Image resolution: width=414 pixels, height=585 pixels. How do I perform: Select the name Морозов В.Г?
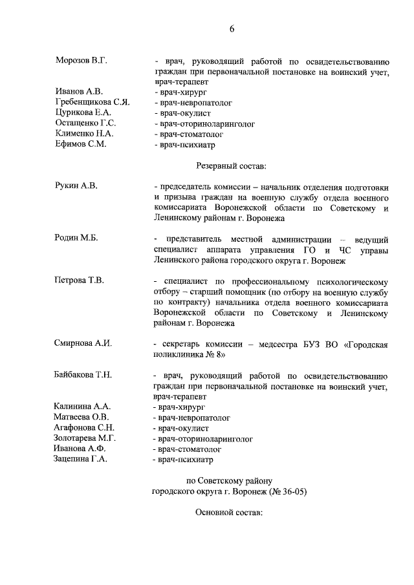pyautogui.click(x=81, y=60)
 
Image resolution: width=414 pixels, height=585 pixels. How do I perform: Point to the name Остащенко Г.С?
pyautogui.click(x=85, y=123)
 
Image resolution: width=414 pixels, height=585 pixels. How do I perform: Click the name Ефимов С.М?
pyautogui.click(x=81, y=144)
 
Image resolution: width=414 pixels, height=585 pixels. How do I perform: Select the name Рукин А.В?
pyautogui.click(x=76, y=186)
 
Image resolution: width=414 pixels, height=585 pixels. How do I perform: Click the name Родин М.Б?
pyautogui.click(x=76, y=239)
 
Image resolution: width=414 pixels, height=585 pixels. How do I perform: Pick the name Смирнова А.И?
pyautogui.click(x=83, y=343)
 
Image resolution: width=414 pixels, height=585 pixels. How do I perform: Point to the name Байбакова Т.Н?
pyautogui.click(x=84, y=375)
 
